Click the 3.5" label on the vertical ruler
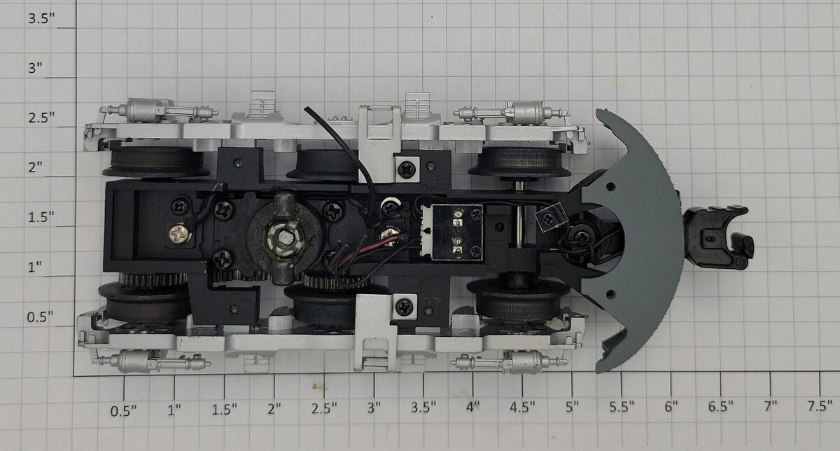[41, 18]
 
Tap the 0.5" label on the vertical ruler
[40, 317]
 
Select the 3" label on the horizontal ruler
[374, 408]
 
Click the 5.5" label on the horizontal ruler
[622, 407]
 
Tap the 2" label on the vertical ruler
[36, 167]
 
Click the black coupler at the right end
[717, 237]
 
